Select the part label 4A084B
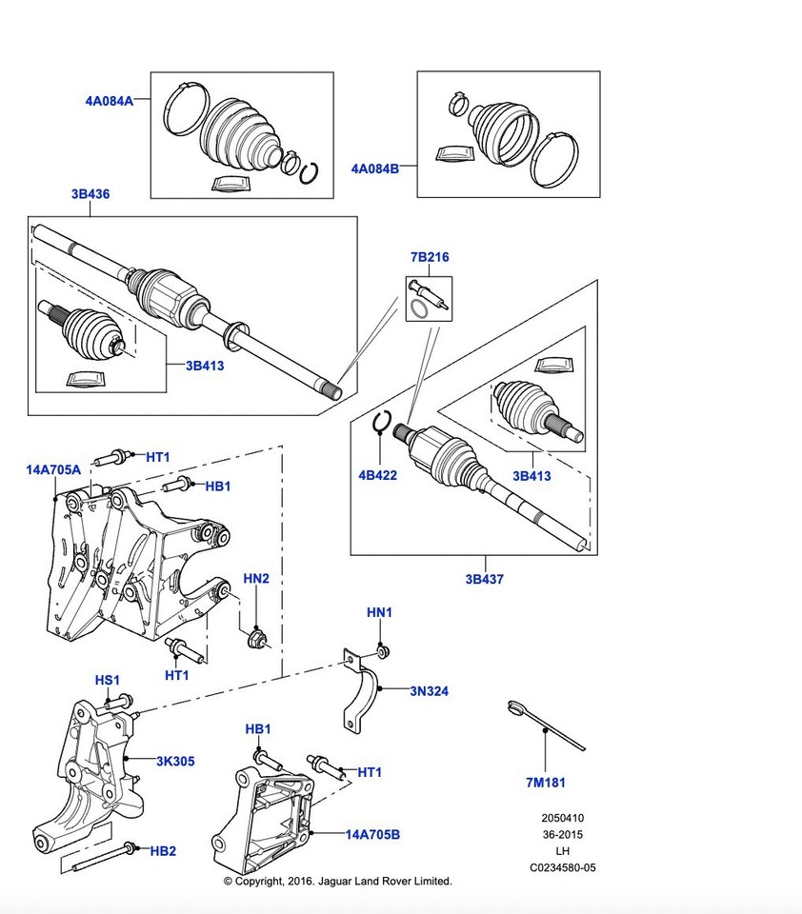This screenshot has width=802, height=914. click(374, 169)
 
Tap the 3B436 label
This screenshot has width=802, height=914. click(90, 194)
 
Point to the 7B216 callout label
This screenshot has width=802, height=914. click(429, 257)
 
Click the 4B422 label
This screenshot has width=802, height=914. click(377, 475)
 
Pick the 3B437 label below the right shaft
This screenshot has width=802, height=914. click(484, 579)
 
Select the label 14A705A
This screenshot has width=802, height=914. click(53, 469)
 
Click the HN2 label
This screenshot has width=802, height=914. click(256, 578)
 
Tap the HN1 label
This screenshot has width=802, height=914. click(379, 612)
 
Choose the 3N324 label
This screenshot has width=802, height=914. click(429, 691)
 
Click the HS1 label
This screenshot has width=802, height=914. click(107, 680)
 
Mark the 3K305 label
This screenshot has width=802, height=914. click(175, 761)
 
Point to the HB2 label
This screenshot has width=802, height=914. click(163, 850)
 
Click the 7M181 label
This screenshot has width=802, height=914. click(546, 784)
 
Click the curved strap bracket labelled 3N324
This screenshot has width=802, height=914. click(361, 700)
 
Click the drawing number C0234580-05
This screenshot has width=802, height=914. click(563, 867)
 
